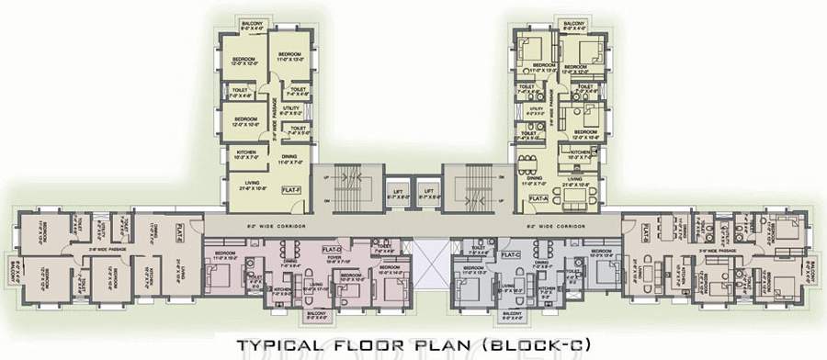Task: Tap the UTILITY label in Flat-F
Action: (290, 109)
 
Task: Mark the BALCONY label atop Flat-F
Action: (252, 24)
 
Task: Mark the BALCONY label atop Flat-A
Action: (573, 24)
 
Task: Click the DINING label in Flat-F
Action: (289, 157)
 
